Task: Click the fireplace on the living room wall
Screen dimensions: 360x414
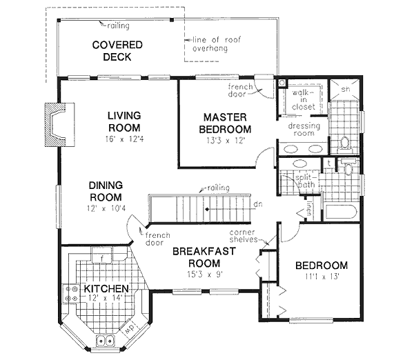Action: [x=55, y=126]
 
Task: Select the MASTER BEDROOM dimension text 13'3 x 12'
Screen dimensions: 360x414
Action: [x=225, y=140]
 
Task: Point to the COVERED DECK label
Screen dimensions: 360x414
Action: [x=117, y=51]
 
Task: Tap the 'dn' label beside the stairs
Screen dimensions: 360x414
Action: [x=257, y=204]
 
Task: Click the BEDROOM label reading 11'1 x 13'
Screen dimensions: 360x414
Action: [x=321, y=277]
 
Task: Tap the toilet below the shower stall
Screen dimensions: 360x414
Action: [x=345, y=142]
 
